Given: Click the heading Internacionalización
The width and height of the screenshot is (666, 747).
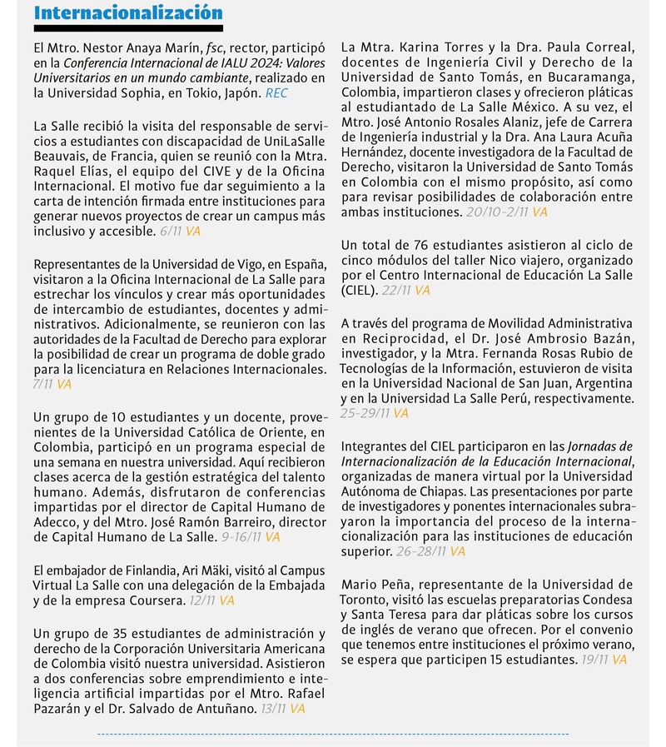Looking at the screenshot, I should [128, 13].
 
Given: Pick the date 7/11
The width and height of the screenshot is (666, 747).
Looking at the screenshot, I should [42, 384].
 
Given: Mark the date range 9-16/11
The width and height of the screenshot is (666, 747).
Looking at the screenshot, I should [239, 537].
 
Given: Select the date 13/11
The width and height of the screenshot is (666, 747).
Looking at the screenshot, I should [271, 708].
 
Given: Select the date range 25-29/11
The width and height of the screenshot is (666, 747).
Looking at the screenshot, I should [365, 412].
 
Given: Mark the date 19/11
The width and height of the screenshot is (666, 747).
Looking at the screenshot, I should [594, 660].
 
